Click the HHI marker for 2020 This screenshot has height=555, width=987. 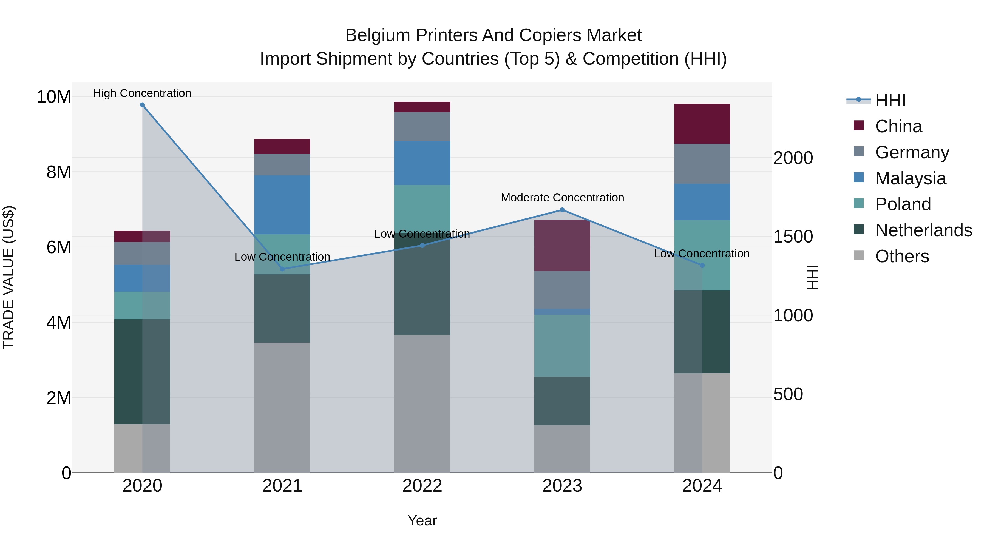pyautogui.click(x=142, y=105)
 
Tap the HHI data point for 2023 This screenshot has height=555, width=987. pyautogui.click(x=562, y=210)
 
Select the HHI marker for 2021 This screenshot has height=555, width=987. pyautogui.click(x=282, y=269)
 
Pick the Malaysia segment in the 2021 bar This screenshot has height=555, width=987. pyautogui.click(x=282, y=205)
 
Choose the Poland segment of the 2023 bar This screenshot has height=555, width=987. pyautogui.click(x=562, y=346)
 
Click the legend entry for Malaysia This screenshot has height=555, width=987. pyautogui.click(x=910, y=178)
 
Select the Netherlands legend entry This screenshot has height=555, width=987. pyautogui.click(x=923, y=230)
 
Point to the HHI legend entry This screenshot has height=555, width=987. pyautogui.click(x=890, y=100)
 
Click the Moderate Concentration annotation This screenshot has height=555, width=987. pyautogui.click(x=562, y=198)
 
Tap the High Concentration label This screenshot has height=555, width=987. pyautogui.click(x=142, y=93)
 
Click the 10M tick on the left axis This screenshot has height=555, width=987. pyautogui.click(x=54, y=97)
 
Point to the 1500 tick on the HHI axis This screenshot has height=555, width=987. pyautogui.click(x=793, y=237)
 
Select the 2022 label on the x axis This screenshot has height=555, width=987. pyautogui.click(x=422, y=486)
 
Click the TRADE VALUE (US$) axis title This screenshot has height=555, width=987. pyautogui.click(x=8, y=277)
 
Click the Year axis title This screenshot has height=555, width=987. pyautogui.click(x=422, y=520)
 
